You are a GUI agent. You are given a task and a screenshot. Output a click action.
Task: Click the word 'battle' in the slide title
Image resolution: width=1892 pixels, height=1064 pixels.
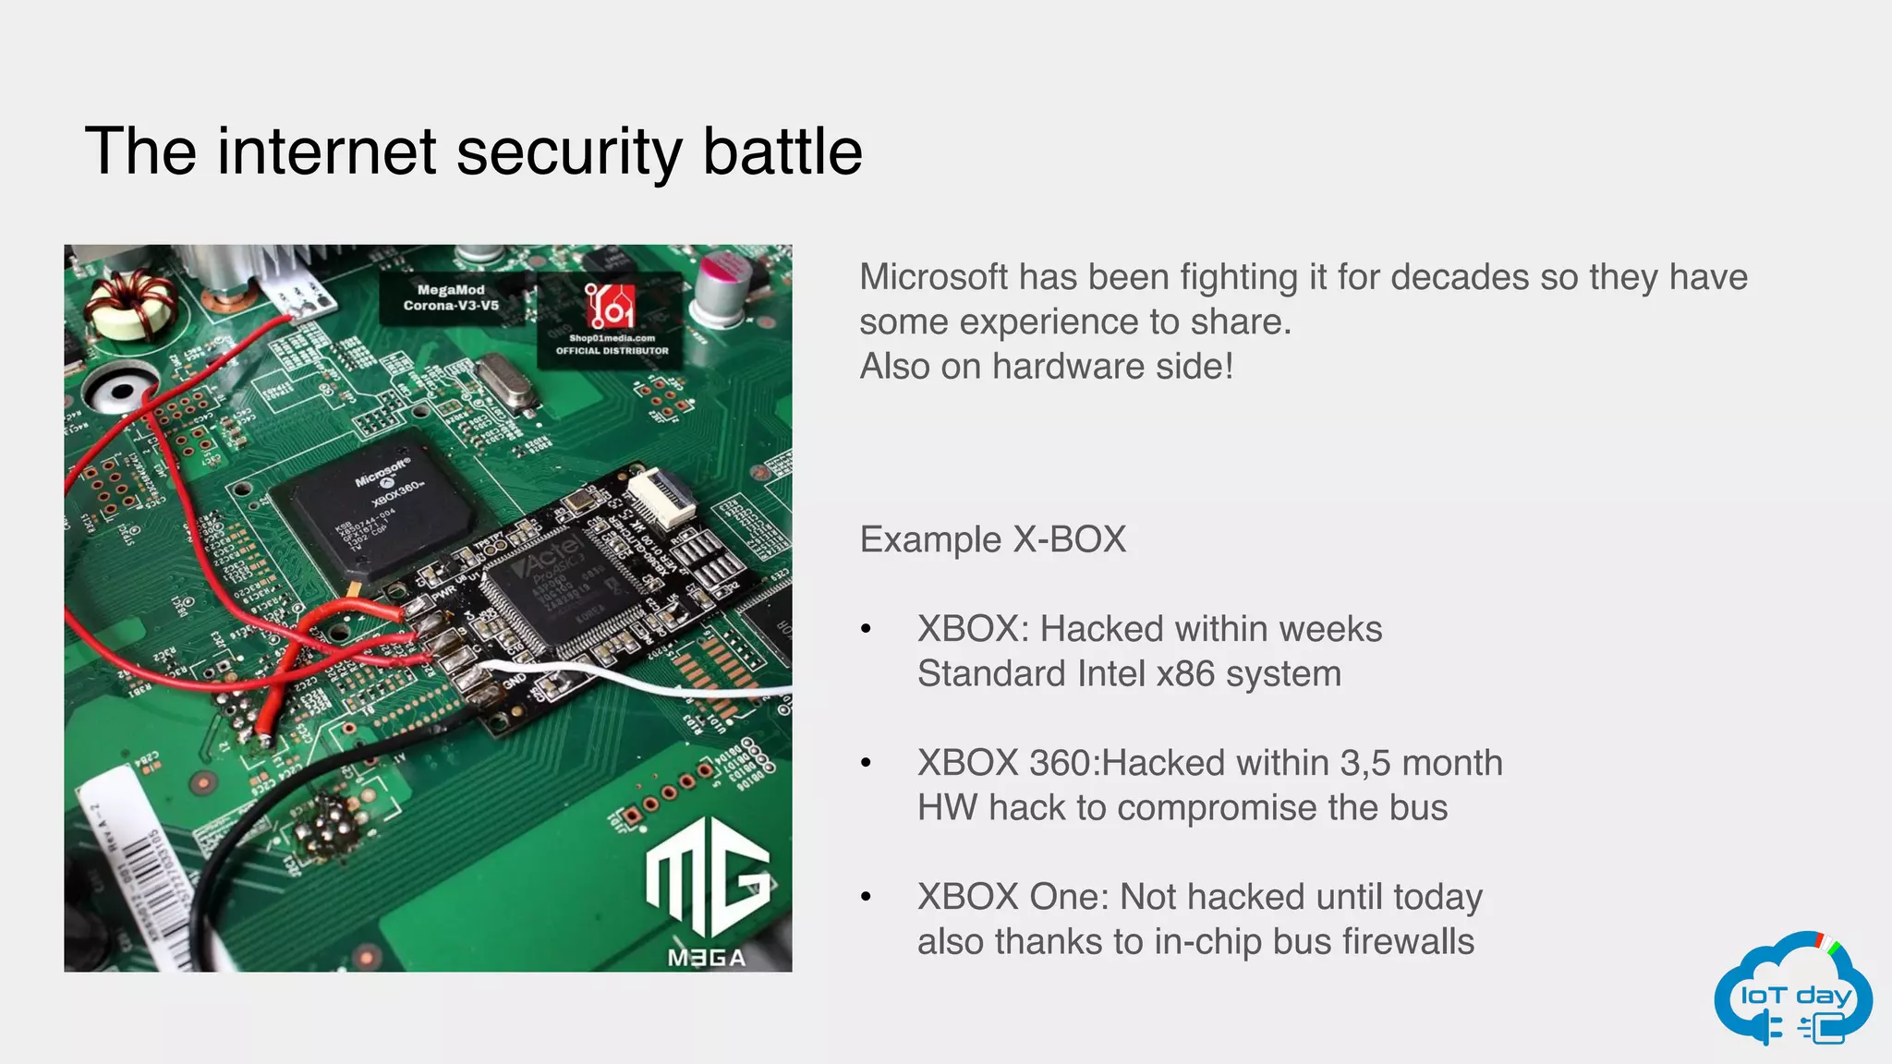(782, 151)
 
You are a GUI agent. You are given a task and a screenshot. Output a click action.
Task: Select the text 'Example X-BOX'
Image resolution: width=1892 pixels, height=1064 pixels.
(992, 539)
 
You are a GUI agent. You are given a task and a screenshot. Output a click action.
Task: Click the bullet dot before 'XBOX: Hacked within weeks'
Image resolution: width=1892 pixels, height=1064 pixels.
(866, 630)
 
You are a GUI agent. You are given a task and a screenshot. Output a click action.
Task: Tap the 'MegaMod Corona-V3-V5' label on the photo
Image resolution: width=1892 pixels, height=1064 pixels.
(451, 297)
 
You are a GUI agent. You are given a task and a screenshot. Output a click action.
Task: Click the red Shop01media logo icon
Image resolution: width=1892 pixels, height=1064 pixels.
(610, 305)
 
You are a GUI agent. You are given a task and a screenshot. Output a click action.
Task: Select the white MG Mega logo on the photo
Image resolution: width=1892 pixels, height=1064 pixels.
(707, 887)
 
